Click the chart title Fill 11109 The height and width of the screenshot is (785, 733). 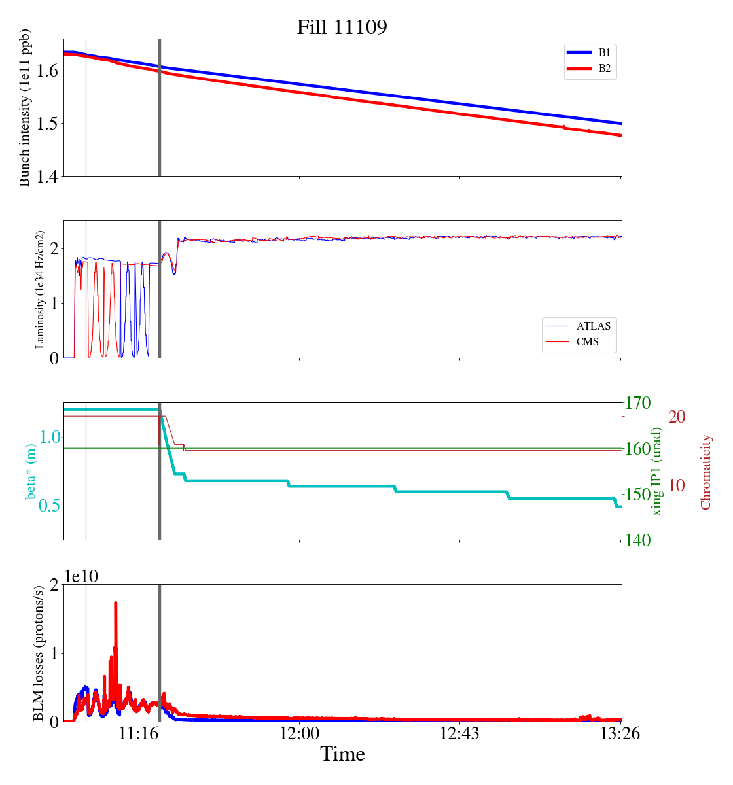[x=342, y=27]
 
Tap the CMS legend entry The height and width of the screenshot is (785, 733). [x=587, y=341]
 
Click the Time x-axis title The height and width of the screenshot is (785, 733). [x=342, y=754]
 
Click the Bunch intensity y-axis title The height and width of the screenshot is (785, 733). [x=25, y=108]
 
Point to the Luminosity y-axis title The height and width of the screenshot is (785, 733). [x=40, y=289]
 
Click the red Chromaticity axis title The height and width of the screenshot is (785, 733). [x=706, y=472]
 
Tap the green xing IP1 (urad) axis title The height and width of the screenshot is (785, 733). [x=657, y=471]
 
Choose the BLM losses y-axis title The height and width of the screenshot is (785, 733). [x=39, y=653]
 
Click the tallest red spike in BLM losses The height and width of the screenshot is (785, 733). [x=116, y=603]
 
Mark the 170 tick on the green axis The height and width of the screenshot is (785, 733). [x=638, y=403]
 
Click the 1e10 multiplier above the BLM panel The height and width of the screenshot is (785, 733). [x=81, y=576]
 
